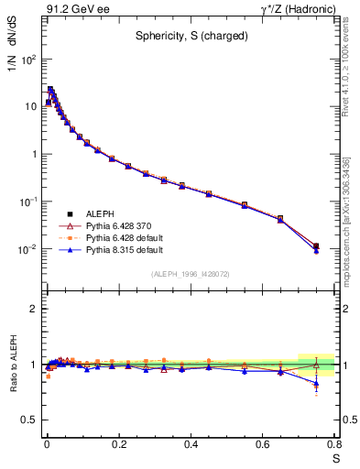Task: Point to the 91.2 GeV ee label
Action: (x=71, y=8)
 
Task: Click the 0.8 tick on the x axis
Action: (x=334, y=445)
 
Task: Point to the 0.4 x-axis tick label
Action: (x=191, y=445)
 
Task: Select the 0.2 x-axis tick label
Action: (x=118, y=445)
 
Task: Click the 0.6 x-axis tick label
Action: (x=263, y=445)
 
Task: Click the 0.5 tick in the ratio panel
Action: (x=28, y=420)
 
